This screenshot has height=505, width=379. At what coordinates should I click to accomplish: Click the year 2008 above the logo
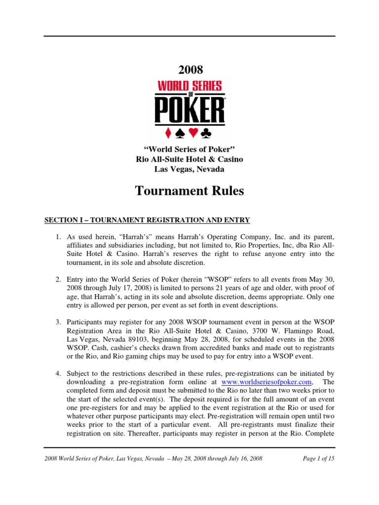tap(189, 70)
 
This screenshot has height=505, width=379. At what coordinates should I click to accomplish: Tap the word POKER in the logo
tap(190, 110)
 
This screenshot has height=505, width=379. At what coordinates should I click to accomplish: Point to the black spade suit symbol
tap(181, 133)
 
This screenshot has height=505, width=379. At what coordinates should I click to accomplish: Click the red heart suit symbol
tap(198, 133)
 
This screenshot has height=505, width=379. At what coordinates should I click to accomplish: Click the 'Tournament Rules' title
tap(189, 191)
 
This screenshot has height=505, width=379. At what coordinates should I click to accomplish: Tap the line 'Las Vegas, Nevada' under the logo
tap(189, 169)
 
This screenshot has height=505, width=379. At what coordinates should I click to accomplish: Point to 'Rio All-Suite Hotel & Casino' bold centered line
tap(189, 159)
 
